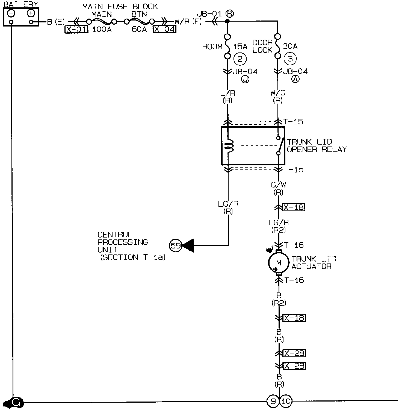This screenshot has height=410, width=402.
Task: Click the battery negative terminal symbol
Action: pos(11,13)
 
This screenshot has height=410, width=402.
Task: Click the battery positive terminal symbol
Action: pos(31,13)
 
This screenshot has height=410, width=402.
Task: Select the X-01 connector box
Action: pos(76,29)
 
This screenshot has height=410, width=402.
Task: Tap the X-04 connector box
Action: pos(164,29)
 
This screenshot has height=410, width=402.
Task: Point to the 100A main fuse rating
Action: pos(102,30)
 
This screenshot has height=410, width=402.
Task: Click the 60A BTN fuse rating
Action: pos(139,30)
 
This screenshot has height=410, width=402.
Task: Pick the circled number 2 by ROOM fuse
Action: pos(240,59)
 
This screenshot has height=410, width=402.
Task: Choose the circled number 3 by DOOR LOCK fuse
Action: pos(290,59)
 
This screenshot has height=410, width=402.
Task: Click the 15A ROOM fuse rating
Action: pos(240,47)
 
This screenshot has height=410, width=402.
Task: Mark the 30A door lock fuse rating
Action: pos(290,46)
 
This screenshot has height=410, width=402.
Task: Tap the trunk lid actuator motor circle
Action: pos(279,263)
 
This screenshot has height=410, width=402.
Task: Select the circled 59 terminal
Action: pos(176,245)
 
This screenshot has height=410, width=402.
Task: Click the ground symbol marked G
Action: pos(16,402)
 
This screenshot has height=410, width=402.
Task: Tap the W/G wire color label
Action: pos(278,93)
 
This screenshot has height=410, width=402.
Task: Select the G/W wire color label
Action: pos(278,185)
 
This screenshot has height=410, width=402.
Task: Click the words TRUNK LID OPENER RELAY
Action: pos(317,145)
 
